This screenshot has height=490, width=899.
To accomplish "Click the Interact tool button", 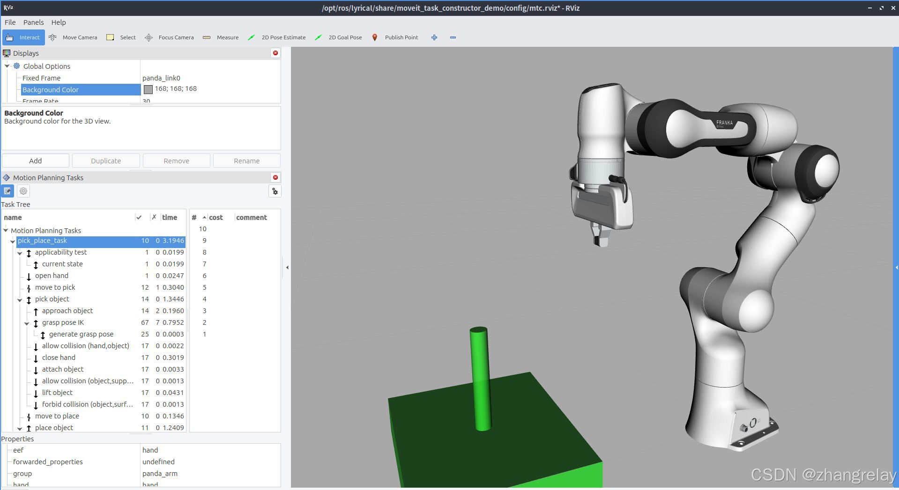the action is tap(23, 37).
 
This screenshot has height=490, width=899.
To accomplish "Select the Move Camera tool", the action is tap(73, 37).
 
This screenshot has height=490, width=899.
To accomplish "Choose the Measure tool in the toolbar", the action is tap(221, 37).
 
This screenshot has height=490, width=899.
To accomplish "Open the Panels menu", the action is tap(33, 22).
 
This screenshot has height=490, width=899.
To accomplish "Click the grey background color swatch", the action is tap(148, 89).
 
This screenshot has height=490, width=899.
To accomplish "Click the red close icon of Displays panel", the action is tap(275, 53).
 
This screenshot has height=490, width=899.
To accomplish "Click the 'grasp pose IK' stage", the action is tap(63, 322).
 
